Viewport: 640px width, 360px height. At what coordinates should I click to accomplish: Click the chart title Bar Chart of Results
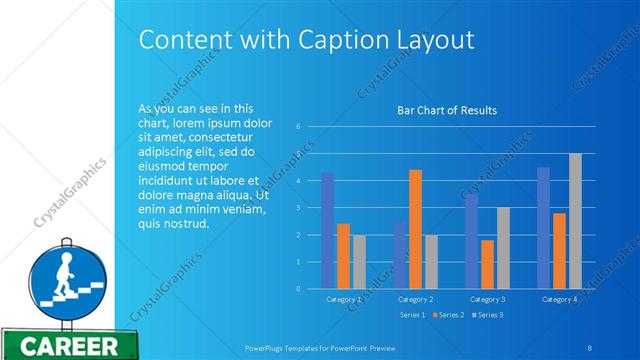[x=447, y=110]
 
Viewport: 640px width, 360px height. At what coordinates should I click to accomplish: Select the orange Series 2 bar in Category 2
[x=415, y=229]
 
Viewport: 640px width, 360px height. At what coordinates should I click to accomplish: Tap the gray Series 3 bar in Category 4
[x=575, y=221]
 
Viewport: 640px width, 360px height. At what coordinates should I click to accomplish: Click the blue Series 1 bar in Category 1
[x=327, y=230]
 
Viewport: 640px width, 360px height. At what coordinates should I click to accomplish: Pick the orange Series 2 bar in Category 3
[x=487, y=264]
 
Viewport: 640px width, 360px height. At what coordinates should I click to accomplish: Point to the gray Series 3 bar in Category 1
[x=359, y=262]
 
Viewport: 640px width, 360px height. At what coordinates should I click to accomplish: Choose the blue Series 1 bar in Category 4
[x=543, y=228]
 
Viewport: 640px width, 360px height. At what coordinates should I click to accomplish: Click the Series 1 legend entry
[x=410, y=315]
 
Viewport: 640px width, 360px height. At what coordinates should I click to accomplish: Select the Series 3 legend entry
[x=487, y=315]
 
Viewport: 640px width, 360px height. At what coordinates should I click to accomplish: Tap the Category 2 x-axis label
[x=415, y=298]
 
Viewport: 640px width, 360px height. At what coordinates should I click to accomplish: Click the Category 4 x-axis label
[x=559, y=298]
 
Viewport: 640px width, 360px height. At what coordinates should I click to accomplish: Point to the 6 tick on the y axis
[x=298, y=126]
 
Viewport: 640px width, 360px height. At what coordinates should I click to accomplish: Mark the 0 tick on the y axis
[x=298, y=289]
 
